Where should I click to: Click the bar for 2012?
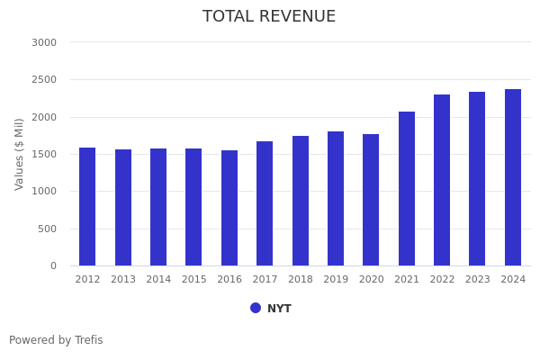[87, 207]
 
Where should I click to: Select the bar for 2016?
[229, 208]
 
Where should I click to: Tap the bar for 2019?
[336, 199]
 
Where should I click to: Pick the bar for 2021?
[407, 189]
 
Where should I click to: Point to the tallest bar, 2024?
[513, 177]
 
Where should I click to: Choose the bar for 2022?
[442, 180]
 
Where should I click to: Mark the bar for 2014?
[158, 207]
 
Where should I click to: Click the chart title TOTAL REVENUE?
[269, 17]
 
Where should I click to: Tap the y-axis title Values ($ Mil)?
[20, 154]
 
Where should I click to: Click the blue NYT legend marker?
[256, 308]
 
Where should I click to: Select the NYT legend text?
[279, 309]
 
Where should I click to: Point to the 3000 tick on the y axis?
[43, 42]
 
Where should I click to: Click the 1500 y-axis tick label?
[43, 154]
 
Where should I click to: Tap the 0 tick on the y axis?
[52, 265]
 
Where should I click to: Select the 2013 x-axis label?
[123, 280]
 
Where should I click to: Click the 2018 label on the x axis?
[301, 280]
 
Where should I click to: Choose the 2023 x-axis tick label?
[478, 280]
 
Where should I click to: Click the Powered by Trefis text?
[56, 340]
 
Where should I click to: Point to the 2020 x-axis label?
[371, 280]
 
